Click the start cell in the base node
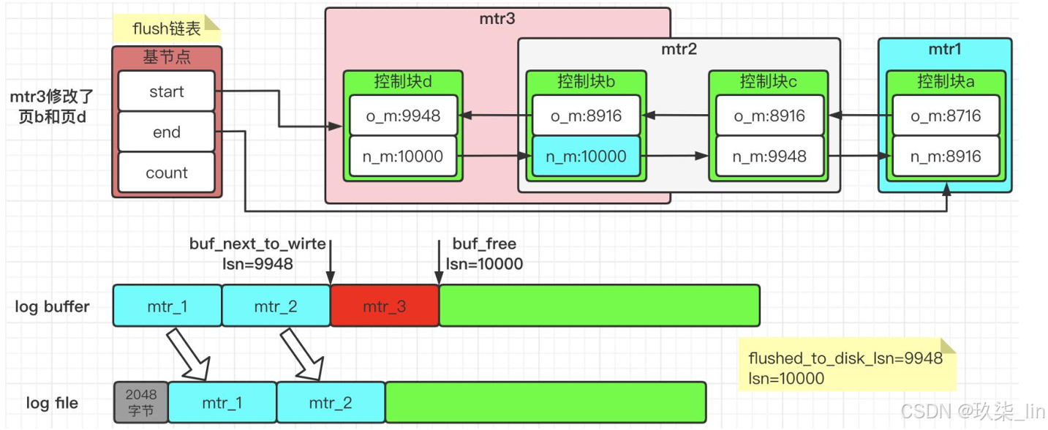click(x=167, y=91)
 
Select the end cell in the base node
click(x=167, y=132)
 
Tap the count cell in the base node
click(x=167, y=173)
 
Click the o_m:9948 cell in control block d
click(x=403, y=116)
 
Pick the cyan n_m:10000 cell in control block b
click(x=587, y=156)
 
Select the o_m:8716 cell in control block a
click(x=946, y=116)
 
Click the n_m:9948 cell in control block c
click(x=769, y=156)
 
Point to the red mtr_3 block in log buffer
click(x=385, y=306)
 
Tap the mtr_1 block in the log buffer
click(x=167, y=306)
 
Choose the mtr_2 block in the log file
click(x=331, y=402)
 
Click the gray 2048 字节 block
click(x=141, y=402)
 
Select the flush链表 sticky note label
click(x=167, y=29)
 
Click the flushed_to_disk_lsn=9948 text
click(x=845, y=358)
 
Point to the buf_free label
click(x=484, y=244)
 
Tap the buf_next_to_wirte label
click(x=257, y=244)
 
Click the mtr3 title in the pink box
click(x=497, y=19)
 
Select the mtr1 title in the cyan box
click(x=945, y=49)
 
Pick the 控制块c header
click(x=768, y=81)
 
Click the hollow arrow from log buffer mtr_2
click(x=302, y=353)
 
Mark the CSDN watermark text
click(x=972, y=411)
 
